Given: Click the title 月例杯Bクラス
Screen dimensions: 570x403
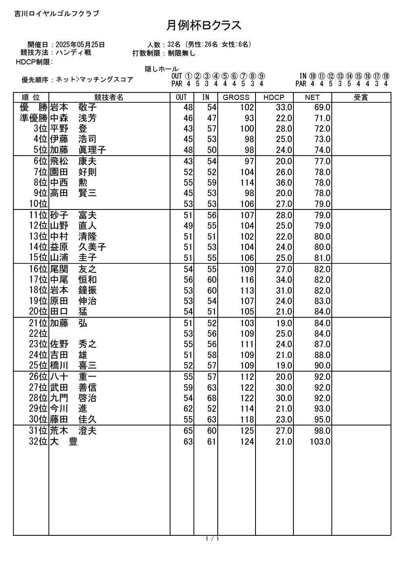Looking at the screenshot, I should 204,25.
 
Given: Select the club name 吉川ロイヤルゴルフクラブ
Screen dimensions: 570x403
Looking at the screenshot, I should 56,14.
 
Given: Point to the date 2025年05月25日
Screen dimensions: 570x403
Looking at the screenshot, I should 80,45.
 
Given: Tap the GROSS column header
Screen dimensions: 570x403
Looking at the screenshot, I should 236,97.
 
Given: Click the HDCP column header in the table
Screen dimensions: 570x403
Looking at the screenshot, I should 274,97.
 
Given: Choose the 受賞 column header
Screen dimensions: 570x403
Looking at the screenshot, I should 361,97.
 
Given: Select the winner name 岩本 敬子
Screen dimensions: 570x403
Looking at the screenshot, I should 73,108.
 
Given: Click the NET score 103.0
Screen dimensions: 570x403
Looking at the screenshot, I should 320,442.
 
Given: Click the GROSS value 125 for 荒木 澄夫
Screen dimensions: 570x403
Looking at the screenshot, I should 247,431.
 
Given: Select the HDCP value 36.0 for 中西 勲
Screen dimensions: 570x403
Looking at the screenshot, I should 284,183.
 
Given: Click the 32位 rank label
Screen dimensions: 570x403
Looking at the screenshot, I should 38,442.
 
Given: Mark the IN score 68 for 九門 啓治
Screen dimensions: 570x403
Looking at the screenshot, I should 212,398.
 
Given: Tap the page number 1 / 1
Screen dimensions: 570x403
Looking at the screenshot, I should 212,539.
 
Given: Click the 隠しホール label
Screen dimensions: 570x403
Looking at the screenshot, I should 162,69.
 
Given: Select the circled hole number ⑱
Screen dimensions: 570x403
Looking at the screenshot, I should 386,76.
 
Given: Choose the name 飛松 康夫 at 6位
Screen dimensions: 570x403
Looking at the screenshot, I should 73,162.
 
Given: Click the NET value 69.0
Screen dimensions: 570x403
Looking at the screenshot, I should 322,108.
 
